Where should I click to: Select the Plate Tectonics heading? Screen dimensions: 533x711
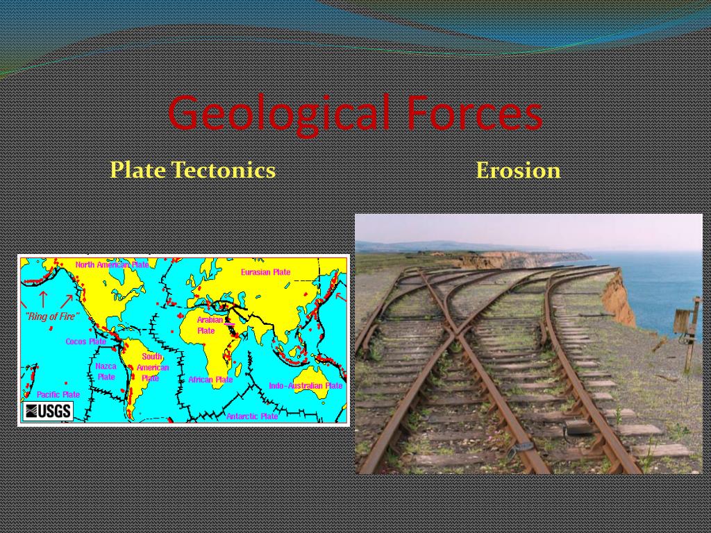[x=192, y=170]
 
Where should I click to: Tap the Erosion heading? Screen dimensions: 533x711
[x=518, y=170]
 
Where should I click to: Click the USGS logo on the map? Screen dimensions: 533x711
[x=48, y=411]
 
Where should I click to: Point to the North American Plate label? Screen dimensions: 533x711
[x=112, y=264]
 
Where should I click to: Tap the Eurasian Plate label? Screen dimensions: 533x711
[x=265, y=272]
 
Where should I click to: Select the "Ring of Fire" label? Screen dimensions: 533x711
[x=52, y=316]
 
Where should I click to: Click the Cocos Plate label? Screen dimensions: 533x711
[x=85, y=341]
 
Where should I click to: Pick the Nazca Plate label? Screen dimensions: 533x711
[x=106, y=371]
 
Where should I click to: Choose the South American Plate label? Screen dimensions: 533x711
[x=152, y=367]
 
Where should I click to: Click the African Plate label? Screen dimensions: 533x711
[x=210, y=380]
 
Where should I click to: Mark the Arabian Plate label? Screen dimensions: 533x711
[x=209, y=325]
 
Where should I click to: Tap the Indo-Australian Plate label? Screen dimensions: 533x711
[x=306, y=385]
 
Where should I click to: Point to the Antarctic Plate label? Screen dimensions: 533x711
[x=251, y=416]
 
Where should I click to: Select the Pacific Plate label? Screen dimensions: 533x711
[x=58, y=394]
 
